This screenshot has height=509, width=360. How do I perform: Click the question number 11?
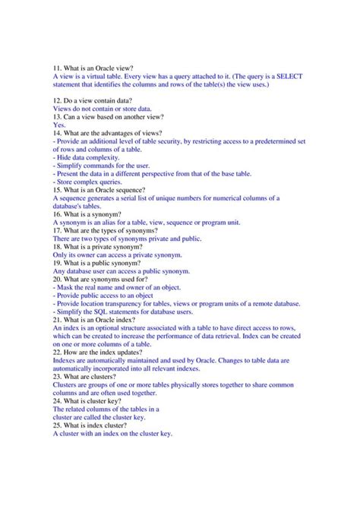[58, 68]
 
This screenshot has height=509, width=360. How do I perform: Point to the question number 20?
[58, 280]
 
